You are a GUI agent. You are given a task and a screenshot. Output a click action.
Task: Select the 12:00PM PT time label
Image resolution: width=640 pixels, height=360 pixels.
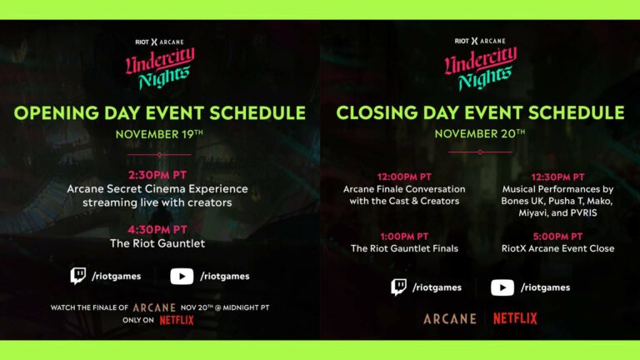pos(404,177)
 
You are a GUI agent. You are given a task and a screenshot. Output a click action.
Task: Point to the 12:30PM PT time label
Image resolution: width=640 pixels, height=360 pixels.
pos(556,177)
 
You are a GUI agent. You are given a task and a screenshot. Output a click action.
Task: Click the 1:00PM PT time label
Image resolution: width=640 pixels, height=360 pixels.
pos(404,236)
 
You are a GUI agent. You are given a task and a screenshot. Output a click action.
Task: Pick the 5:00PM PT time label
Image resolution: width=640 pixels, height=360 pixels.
pos(556,236)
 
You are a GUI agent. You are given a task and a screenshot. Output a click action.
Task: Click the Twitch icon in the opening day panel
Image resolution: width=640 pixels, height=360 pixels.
pos(78,276)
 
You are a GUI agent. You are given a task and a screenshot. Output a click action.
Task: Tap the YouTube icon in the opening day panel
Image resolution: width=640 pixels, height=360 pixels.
pos(182,276)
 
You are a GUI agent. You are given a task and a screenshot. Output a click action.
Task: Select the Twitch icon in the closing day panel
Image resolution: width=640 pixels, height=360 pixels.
pos(400,287)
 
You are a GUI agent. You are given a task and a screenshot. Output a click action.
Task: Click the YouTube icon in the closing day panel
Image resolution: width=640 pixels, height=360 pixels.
pos(502,287)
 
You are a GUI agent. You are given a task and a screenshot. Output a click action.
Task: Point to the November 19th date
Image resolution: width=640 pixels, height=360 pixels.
pos(160,133)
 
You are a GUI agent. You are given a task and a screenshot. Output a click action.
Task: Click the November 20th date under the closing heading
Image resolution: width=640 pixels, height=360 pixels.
pos(479,133)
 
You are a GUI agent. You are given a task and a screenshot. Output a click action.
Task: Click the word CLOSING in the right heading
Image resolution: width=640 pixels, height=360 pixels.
pos(373,112)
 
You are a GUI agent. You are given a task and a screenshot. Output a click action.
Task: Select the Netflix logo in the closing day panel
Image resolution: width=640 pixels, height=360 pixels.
pos(515,318)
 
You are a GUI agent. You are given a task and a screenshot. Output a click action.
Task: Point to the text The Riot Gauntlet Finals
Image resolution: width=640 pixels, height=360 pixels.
pos(404,248)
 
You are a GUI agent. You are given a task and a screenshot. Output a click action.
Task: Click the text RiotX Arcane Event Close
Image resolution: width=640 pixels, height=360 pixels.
pos(556,248)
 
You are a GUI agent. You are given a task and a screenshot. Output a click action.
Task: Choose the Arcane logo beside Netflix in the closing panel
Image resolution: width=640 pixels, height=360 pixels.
pos(450,318)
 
